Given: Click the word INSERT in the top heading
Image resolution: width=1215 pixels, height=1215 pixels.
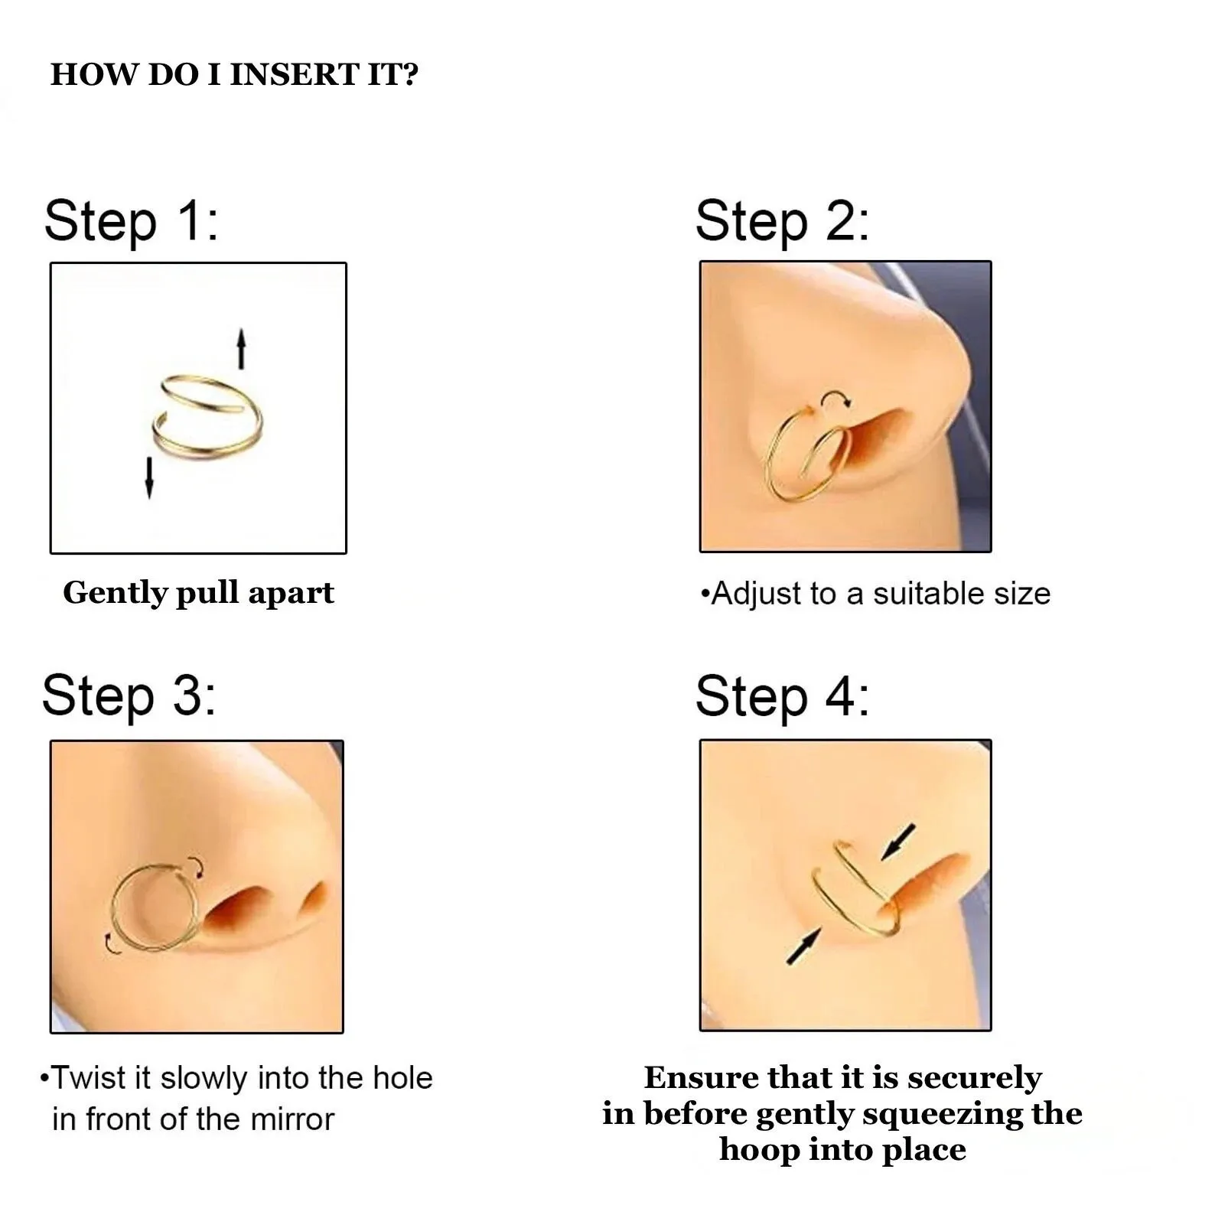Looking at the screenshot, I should (x=294, y=75).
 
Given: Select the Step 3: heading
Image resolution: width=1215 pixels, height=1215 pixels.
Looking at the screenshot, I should (x=129, y=695).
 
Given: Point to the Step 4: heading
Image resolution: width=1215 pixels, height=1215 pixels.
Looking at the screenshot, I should (x=782, y=695).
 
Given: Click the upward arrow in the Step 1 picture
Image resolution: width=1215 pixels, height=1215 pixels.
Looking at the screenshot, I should (x=241, y=348).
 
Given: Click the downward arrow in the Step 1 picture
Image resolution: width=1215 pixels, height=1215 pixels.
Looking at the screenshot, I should (x=149, y=477).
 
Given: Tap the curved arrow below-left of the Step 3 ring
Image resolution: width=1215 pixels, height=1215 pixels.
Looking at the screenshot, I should (x=112, y=944).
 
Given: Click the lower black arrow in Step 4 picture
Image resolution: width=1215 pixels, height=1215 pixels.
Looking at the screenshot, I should (x=803, y=946).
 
